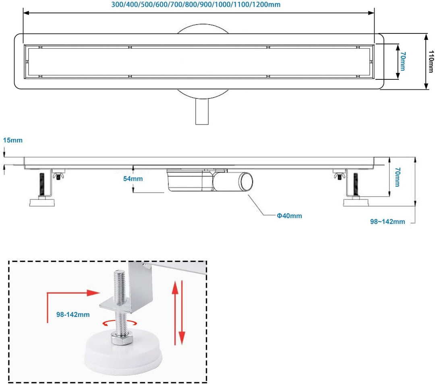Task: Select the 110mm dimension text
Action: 431,62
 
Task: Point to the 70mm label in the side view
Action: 397,177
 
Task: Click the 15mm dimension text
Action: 12,140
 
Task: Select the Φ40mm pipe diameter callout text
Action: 289,216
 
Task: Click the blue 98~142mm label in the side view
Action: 387,221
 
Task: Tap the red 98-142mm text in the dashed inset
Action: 73,314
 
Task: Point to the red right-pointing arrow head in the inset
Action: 94,293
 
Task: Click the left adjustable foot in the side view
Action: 42,189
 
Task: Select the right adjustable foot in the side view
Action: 356,189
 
